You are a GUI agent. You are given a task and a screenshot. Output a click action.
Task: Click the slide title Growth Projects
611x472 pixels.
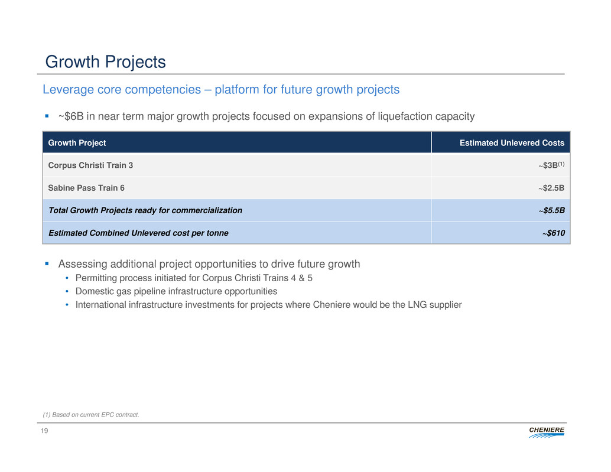pos(106,62)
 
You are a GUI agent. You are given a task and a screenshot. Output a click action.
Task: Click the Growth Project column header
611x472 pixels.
pos(77,143)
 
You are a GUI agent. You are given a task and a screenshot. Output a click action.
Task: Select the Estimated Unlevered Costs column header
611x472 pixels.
pos(512,143)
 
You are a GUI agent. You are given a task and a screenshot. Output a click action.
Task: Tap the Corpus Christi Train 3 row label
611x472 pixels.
pos(90,165)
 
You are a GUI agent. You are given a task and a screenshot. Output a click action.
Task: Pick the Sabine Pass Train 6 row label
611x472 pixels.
pos(86,188)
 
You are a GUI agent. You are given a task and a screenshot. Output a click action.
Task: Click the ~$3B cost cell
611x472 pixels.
pos(551,165)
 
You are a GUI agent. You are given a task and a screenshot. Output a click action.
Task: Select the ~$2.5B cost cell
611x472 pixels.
pos(551,188)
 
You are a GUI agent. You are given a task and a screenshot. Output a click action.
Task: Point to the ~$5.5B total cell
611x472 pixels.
pos(552,210)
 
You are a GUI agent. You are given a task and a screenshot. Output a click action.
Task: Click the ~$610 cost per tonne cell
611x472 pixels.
pos(553,233)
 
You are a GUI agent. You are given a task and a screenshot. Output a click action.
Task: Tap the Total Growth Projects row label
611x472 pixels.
pos(145,210)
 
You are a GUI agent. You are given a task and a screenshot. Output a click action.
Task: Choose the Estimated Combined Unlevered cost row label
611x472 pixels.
pos(138,233)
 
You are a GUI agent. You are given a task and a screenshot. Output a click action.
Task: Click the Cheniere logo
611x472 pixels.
pos(547,432)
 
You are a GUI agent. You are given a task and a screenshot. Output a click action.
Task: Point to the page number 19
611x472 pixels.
pos(44,431)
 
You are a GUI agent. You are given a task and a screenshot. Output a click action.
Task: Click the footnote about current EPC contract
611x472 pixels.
pos(91,415)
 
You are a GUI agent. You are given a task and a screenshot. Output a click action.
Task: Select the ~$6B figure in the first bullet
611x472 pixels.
pos(71,116)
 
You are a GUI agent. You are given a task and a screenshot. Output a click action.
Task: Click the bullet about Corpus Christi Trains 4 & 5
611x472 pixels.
pos(194,278)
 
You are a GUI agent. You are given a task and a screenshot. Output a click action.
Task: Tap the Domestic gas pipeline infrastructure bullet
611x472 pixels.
pos(176,291)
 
